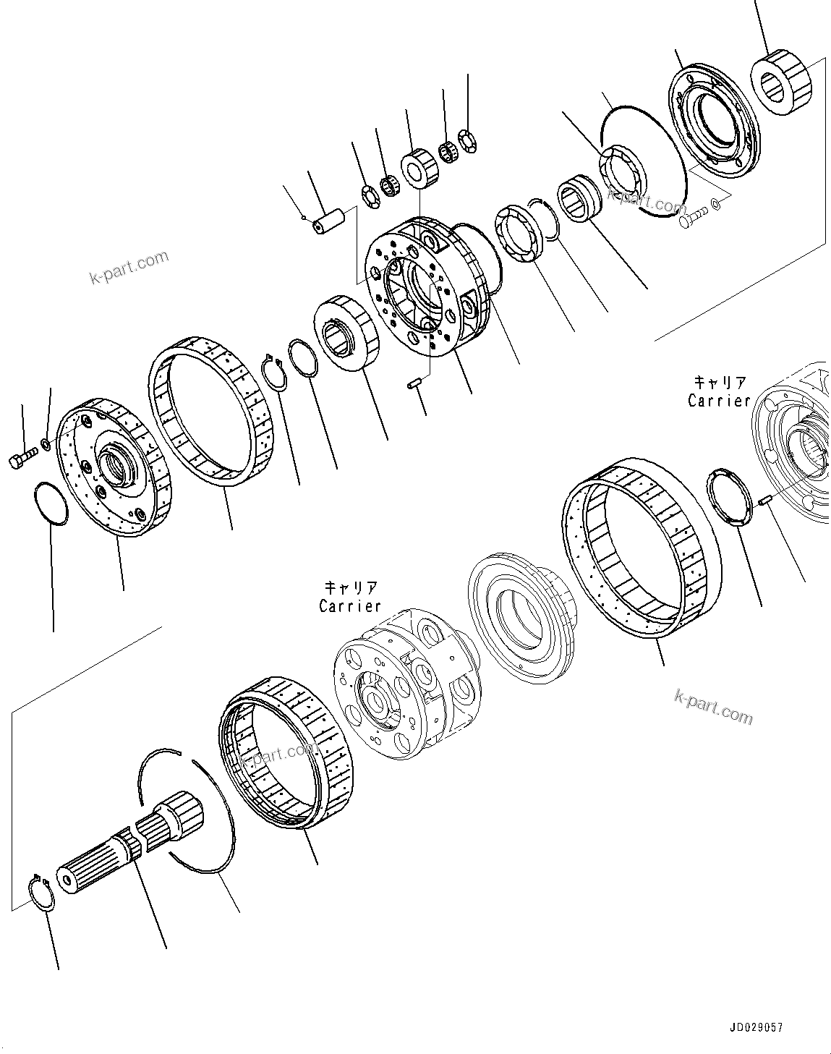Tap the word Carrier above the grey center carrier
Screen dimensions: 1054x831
(x=350, y=605)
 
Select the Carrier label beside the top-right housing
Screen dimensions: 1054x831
(x=719, y=400)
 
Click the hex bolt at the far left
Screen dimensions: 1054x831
(x=22, y=459)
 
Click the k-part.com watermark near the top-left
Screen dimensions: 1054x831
(x=128, y=267)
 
